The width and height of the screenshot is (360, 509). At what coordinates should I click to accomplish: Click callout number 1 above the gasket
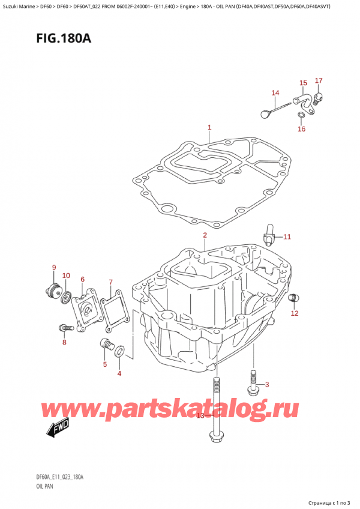pyautogui.click(x=209, y=127)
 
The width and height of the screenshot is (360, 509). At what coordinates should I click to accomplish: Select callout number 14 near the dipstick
pyautogui.click(x=275, y=92)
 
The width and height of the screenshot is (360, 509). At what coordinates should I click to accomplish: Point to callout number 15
pyautogui.click(x=303, y=83)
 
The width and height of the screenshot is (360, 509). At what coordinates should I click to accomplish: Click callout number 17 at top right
pyautogui.click(x=319, y=80)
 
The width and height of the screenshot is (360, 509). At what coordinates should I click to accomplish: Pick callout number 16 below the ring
pyautogui.click(x=301, y=129)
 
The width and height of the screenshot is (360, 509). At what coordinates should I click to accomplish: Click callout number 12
pyautogui.click(x=294, y=313)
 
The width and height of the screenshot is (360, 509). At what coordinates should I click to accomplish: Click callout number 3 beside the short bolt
pyautogui.click(x=267, y=384)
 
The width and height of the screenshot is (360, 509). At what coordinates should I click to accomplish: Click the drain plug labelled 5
pyautogui.click(x=107, y=345)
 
